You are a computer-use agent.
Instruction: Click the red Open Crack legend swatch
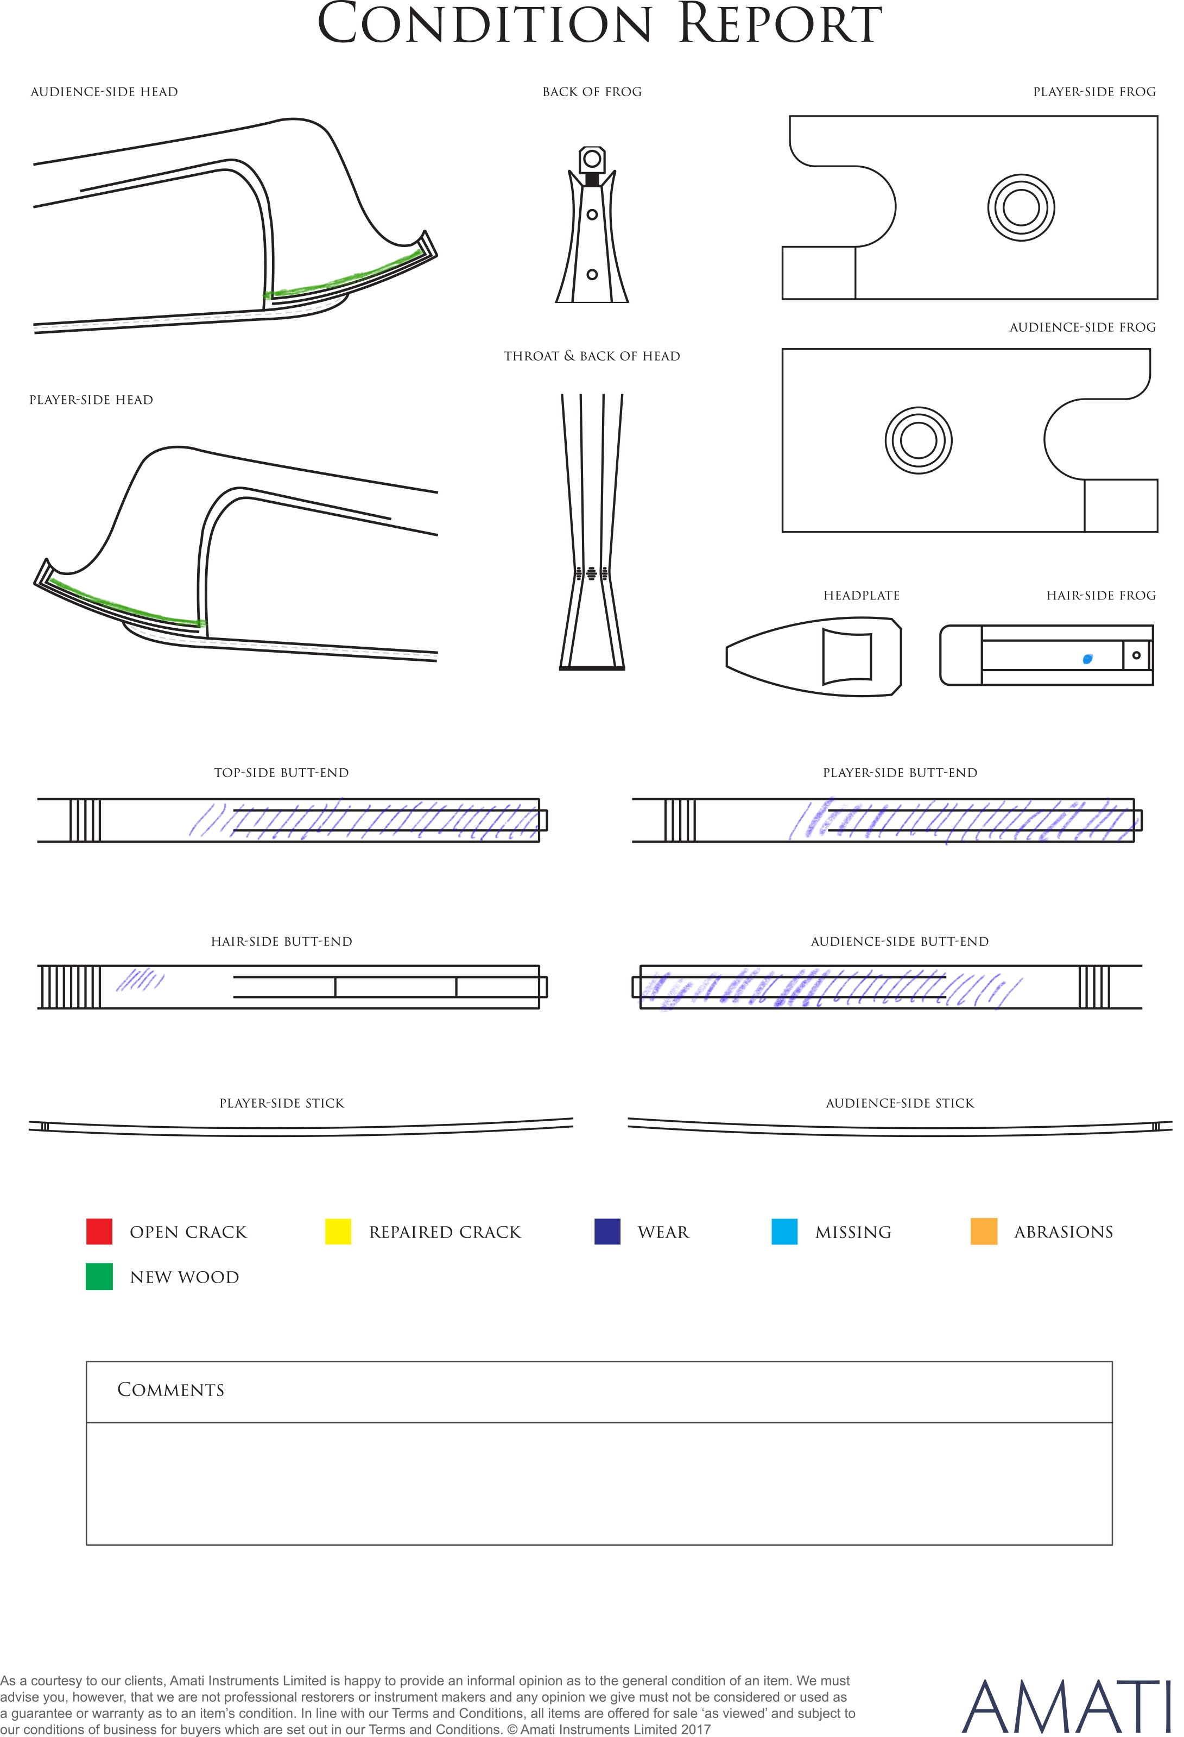99,1231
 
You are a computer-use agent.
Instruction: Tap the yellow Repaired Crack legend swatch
338,1231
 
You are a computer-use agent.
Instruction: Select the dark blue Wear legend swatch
607,1231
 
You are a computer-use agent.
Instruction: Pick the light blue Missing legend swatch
784,1231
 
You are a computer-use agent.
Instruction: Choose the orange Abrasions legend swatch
984,1231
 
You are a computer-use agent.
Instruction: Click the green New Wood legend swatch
99,1277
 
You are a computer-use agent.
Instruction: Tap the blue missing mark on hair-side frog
1087,659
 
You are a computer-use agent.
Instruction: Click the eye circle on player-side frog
1021,208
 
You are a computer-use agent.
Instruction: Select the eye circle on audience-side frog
919,440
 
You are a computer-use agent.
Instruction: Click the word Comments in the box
170,1389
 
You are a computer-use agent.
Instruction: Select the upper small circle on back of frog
592,214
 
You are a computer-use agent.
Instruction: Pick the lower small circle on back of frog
592,274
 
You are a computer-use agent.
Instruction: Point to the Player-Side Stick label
282,1103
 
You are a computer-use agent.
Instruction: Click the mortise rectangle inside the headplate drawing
847,657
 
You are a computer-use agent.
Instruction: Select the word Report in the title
780,24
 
